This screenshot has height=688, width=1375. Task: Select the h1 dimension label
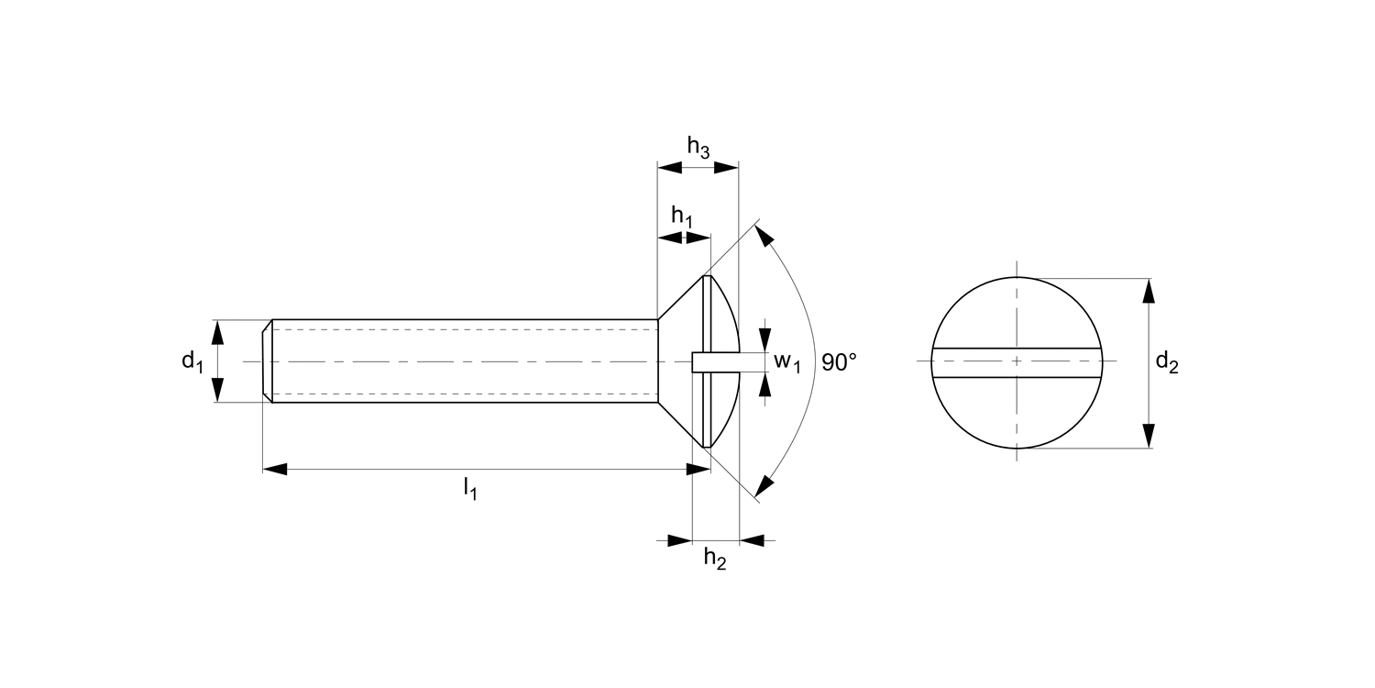pos(682,216)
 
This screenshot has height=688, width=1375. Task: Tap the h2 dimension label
pos(715,559)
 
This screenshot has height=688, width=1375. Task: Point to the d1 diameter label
pos(192,361)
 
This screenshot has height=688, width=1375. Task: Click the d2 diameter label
pos(1166,362)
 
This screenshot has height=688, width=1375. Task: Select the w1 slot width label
pos(787,361)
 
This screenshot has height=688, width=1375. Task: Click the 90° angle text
pos(839,362)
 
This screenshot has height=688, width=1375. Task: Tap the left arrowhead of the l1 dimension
pos(275,469)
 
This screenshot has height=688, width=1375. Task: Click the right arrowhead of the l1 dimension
pos(699,469)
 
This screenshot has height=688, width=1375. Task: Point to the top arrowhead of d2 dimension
pos(1148,290)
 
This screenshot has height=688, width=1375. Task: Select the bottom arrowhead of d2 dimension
pos(1148,437)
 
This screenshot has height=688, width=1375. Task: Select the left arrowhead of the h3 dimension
pos(670,168)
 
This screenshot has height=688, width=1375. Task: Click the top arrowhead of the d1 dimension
pos(217,331)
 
